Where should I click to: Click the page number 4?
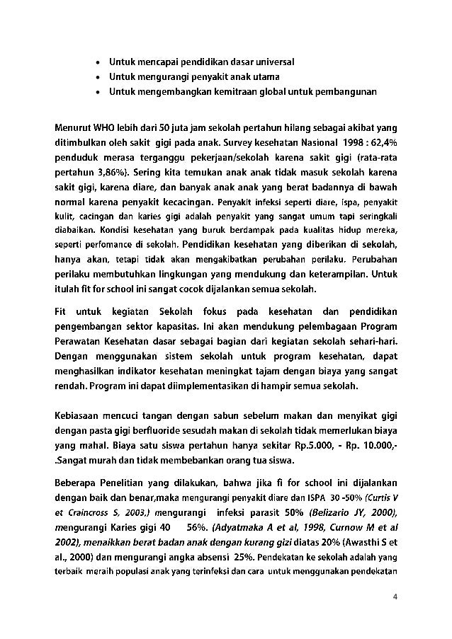(395, 595)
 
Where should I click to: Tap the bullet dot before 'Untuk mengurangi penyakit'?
(97, 76)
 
